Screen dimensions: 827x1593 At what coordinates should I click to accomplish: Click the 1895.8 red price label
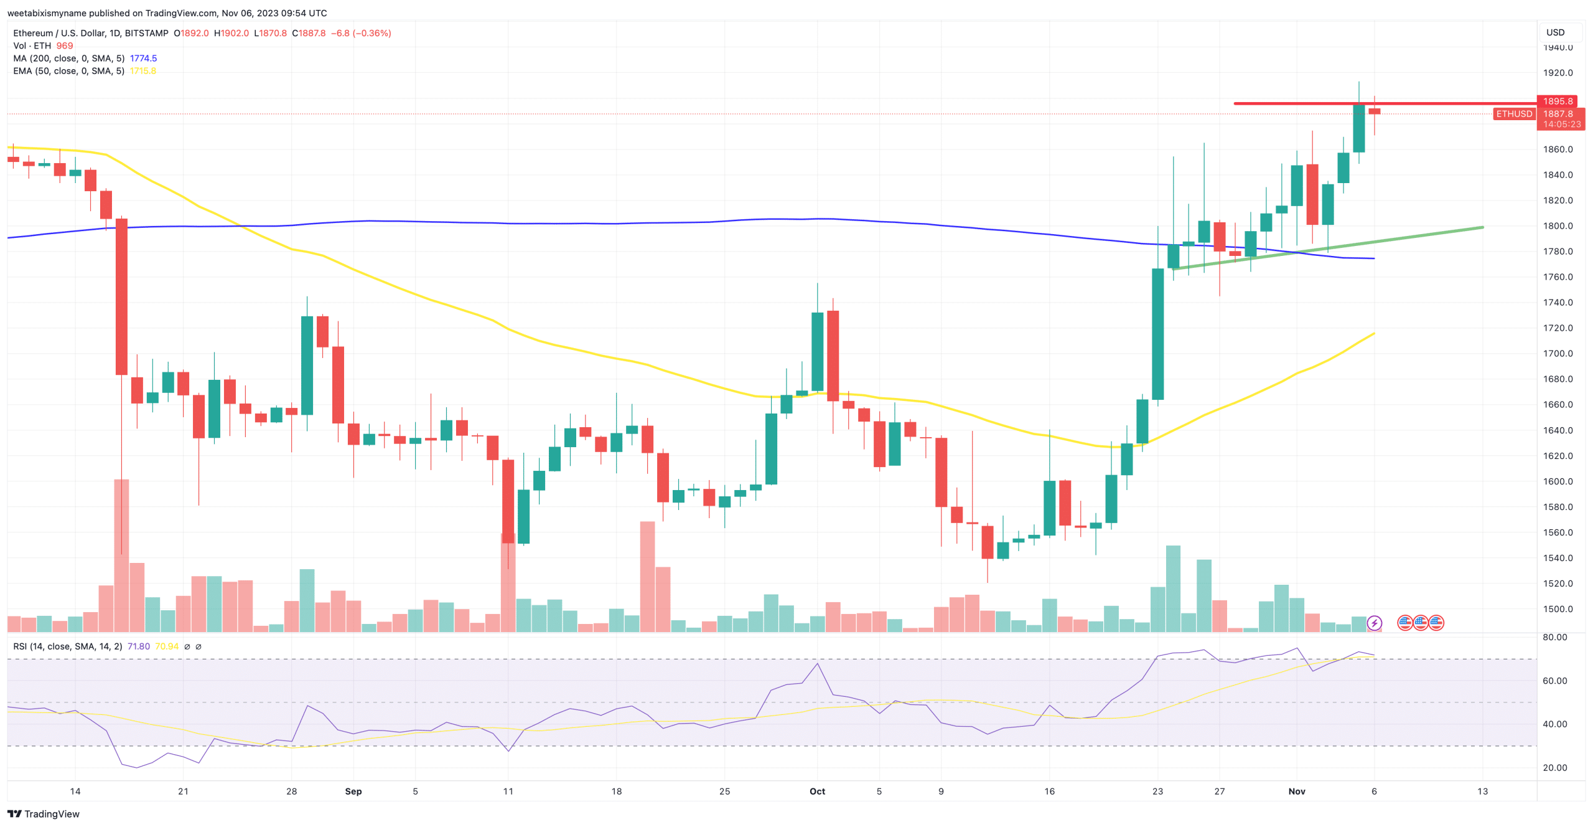pyautogui.click(x=1557, y=101)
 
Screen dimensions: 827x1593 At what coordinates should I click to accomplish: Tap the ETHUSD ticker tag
pyautogui.click(x=1513, y=114)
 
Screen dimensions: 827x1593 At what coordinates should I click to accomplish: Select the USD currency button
pyautogui.click(x=1555, y=32)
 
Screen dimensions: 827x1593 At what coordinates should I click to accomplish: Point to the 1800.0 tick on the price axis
pyautogui.click(x=1558, y=226)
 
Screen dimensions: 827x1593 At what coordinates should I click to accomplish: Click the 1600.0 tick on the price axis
pyautogui.click(x=1558, y=481)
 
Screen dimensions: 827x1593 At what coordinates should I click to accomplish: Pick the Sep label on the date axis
pyautogui.click(x=353, y=792)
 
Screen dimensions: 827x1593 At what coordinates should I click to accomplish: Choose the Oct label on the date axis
pyautogui.click(x=817, y=792)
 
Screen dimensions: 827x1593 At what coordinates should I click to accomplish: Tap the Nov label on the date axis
pyautogui.click(x=1296, y=792)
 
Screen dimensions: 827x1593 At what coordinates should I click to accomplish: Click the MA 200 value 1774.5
pyautogui.click(x=143, y=59)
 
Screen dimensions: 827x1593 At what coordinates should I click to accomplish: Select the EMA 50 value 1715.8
pyautogui.click(x=143, y=71)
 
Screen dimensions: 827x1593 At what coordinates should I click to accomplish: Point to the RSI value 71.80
pyautogui.click(x=138, y=646)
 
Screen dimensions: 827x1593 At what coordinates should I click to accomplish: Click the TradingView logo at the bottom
pyautogui.click(x=44, y=814)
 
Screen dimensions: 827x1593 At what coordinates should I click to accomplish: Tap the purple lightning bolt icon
pyautogui.click(x=1374, y=623)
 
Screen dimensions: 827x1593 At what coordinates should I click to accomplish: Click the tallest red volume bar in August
pyautogui.click(x=121, y=554)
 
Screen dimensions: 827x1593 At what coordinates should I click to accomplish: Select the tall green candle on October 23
pyautogui.click(x=1157, y=334)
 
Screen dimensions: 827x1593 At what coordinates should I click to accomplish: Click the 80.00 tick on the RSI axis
pyautogui.click(x=1554, y=637)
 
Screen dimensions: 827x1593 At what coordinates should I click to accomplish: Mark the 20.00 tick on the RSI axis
pyautogui.click(x=1554, y=768)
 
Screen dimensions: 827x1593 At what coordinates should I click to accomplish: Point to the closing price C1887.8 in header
pyautogui.click(x=309, y=33)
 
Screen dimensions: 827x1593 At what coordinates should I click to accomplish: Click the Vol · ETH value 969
pyautogui.click(x=65, y=46)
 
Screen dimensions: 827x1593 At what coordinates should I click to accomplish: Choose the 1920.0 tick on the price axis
pyautogui.click(x=1558, y=73)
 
